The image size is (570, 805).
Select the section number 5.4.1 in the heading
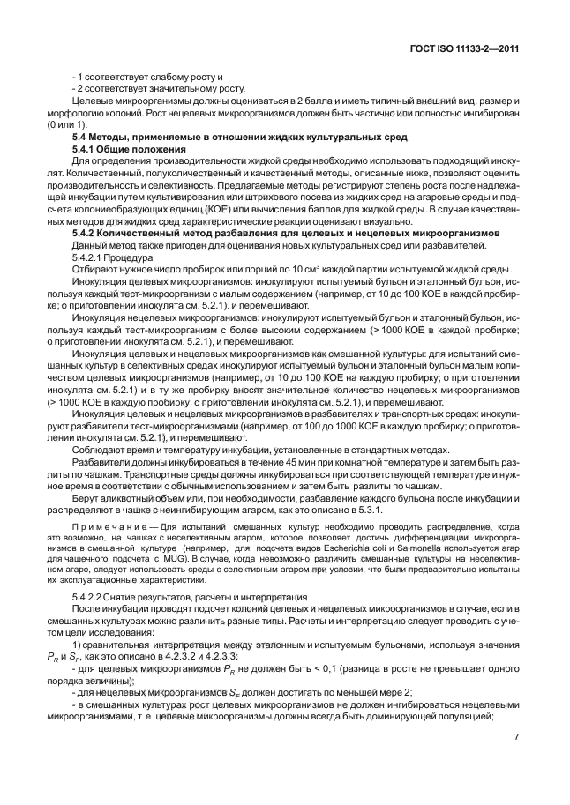[x=85, y=150]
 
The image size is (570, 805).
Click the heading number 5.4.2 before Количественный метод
[x=85, y=233]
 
